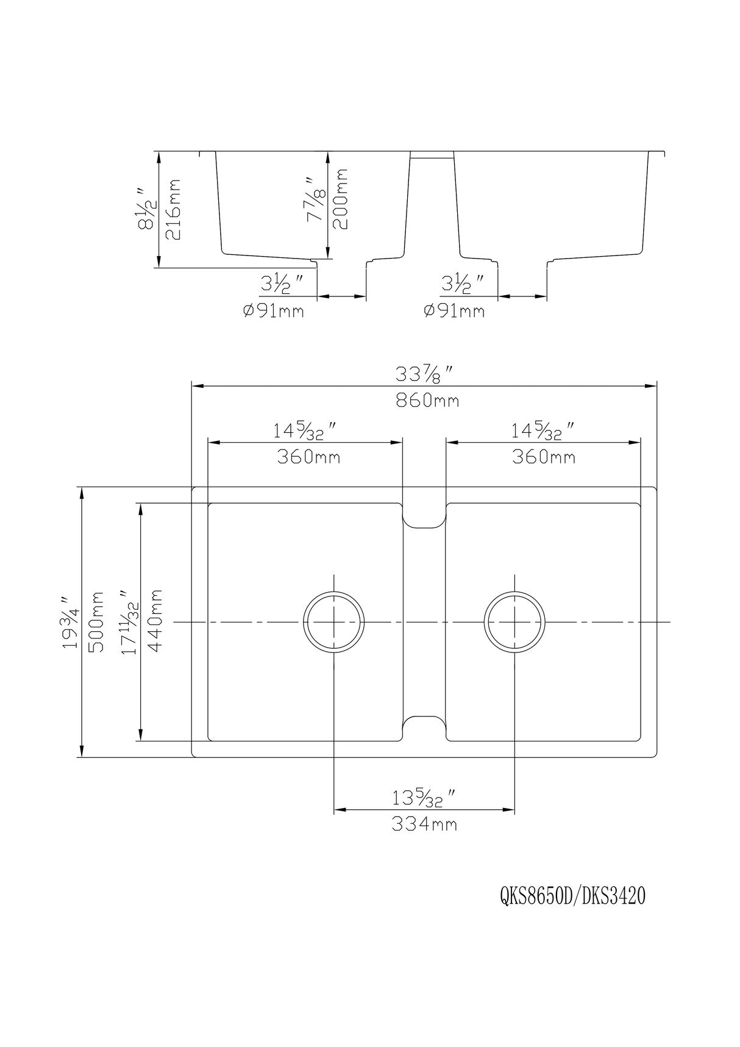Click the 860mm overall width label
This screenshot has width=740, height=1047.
[x=427, y=401]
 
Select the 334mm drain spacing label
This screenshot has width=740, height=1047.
[x=424, y=824]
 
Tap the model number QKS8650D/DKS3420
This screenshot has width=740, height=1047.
[x=572, y=897]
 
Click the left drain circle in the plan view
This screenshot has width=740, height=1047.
[x=334, y=622]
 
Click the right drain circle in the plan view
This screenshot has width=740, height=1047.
[x=514, y=622]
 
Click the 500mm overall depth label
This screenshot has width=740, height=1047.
[x=96, y=622]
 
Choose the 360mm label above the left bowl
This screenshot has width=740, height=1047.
[x=308, y=457]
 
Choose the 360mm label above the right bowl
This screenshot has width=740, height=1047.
[x=543, y=457]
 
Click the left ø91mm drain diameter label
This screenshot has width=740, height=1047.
[x=273, y=311]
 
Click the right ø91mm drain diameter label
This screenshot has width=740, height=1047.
[x=454, y=311]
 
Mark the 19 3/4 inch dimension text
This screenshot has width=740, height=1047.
[x=69, y=622]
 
